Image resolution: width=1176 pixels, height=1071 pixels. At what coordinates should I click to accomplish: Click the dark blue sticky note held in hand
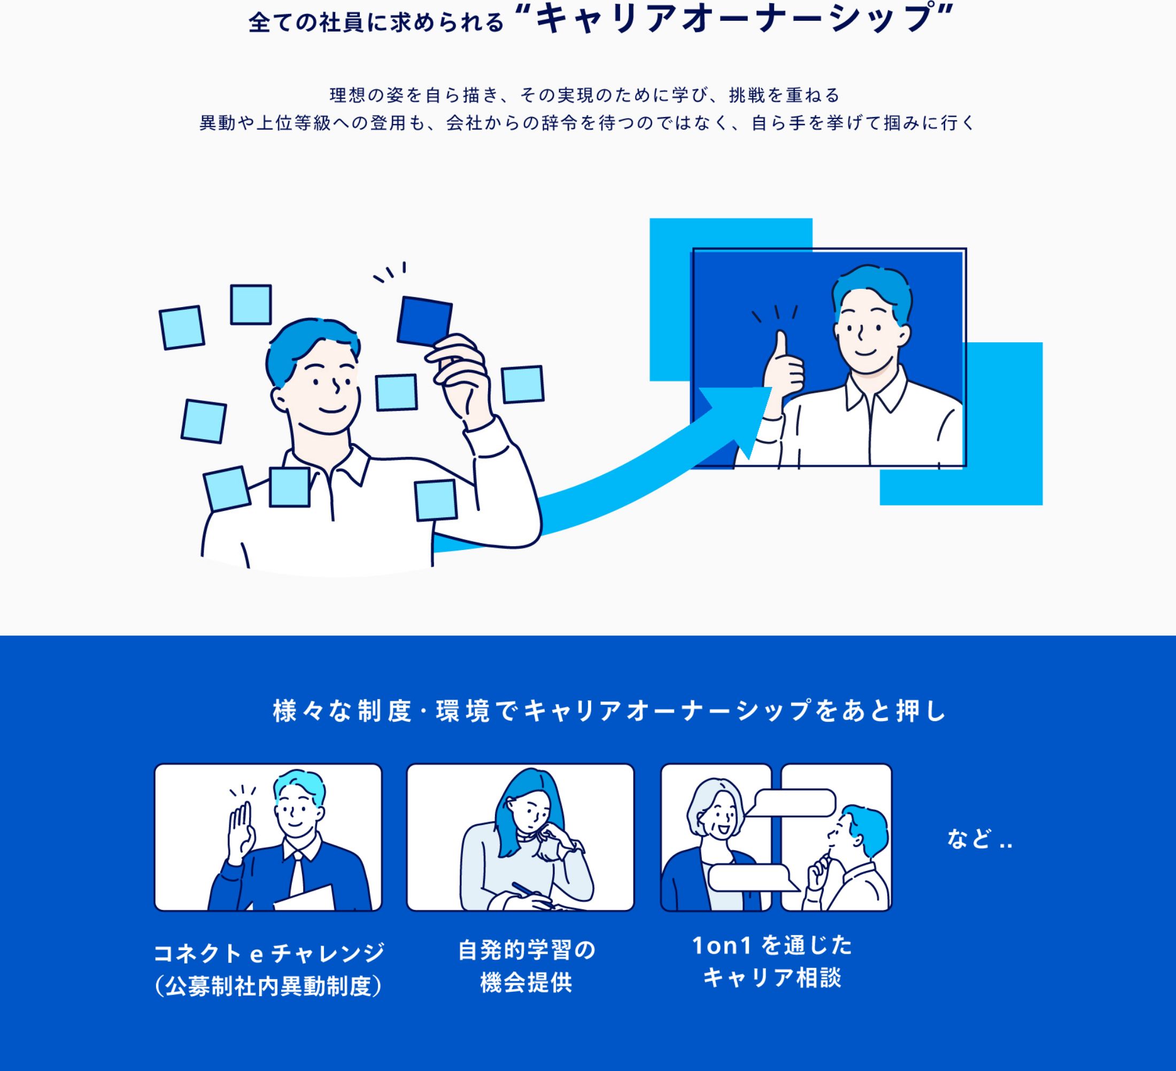tap(424, 321)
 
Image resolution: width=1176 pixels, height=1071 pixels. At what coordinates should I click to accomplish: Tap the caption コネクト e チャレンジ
tap(269, 953)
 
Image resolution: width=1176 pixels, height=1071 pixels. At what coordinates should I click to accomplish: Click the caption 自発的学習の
tap(527, 950)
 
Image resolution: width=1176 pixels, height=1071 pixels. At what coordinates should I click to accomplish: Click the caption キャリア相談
tap(772, 978)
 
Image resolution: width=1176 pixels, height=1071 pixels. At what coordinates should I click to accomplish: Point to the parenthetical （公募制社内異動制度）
tap(269, 986)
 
